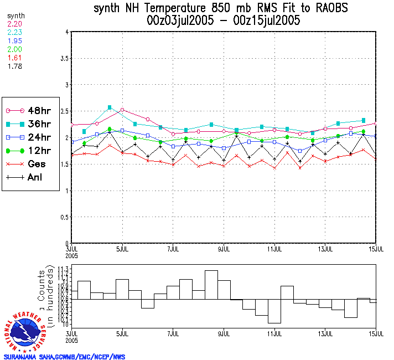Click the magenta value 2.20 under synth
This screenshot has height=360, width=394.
click(14, 24)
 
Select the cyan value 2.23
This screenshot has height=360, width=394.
click(14, 33)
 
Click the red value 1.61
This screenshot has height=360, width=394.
click(14, 58)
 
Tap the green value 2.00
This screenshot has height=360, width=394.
click(14, 49)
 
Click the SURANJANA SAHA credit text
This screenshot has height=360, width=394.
click(64, 357)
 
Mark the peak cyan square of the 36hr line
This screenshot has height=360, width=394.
click(110, 107)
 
